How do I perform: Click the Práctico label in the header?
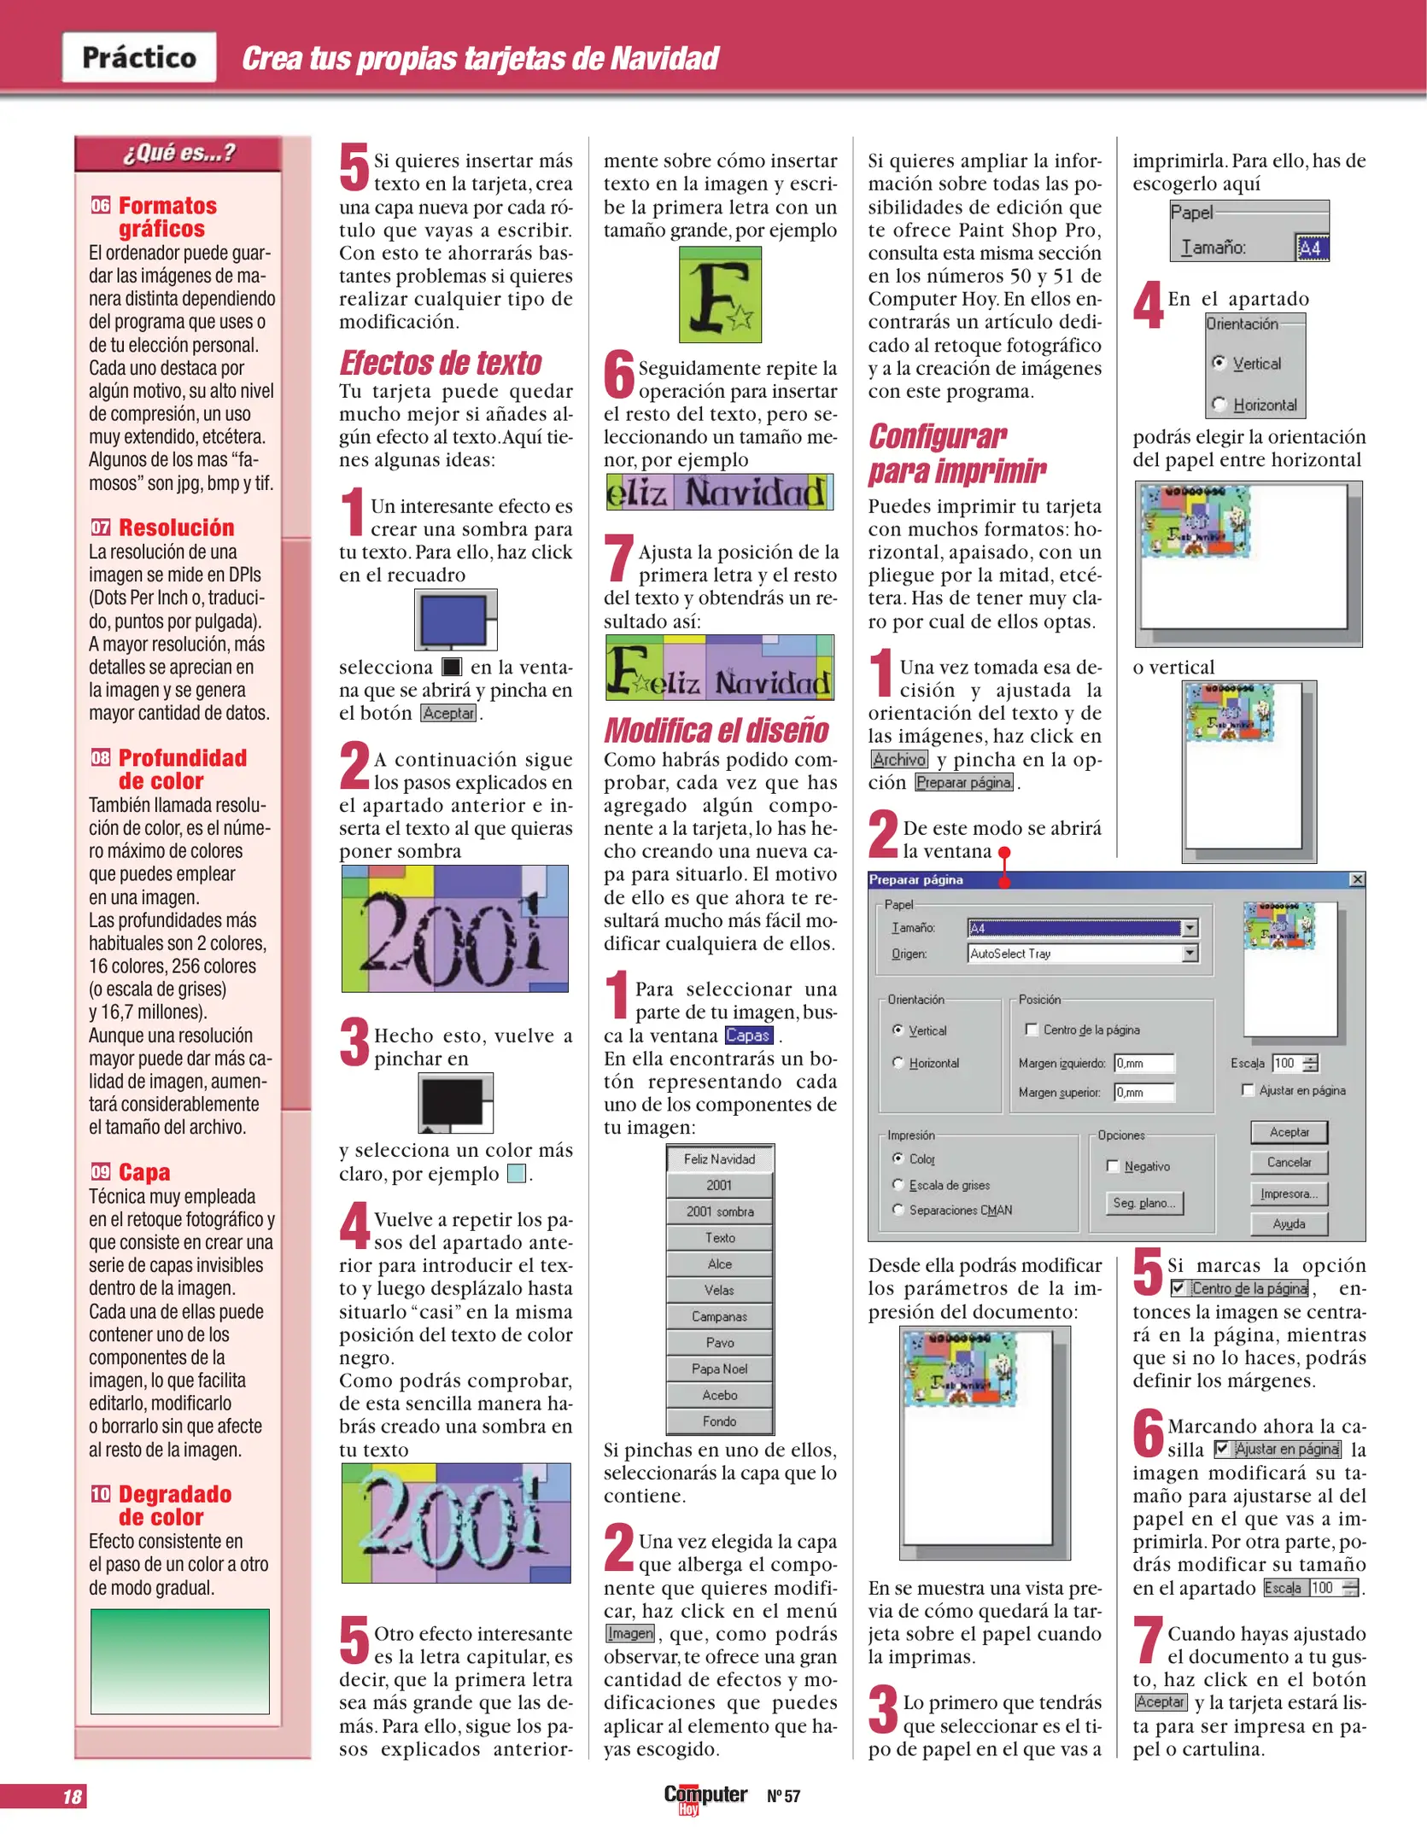[x=139, y=57]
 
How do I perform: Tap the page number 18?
[x=73, y=1796]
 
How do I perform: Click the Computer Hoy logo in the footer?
[x=705, y=1797]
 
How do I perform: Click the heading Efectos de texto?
[x=441, y=363]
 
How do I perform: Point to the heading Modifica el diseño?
[x=716, y=731]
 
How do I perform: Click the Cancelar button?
[x=1289, y=1162]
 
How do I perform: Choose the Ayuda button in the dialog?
[x=1289, y=1223]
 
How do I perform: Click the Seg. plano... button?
[x=1144, y=1203]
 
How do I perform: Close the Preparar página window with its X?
[x=1357, y=879]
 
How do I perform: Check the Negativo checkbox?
[x=1113, y=1166]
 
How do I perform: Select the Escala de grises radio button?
[x=898, y=1184]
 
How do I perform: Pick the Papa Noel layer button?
[x=720, y=1368]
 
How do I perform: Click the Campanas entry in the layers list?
[x=720, y=1316]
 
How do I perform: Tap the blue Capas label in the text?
[x=748, y=1036]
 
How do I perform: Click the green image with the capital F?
[x=720, y=295]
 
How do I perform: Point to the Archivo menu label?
[x=899, y=759]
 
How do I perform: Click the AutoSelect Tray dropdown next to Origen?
[x=1083, y=954]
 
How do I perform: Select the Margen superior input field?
[x=1144, y=1092]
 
